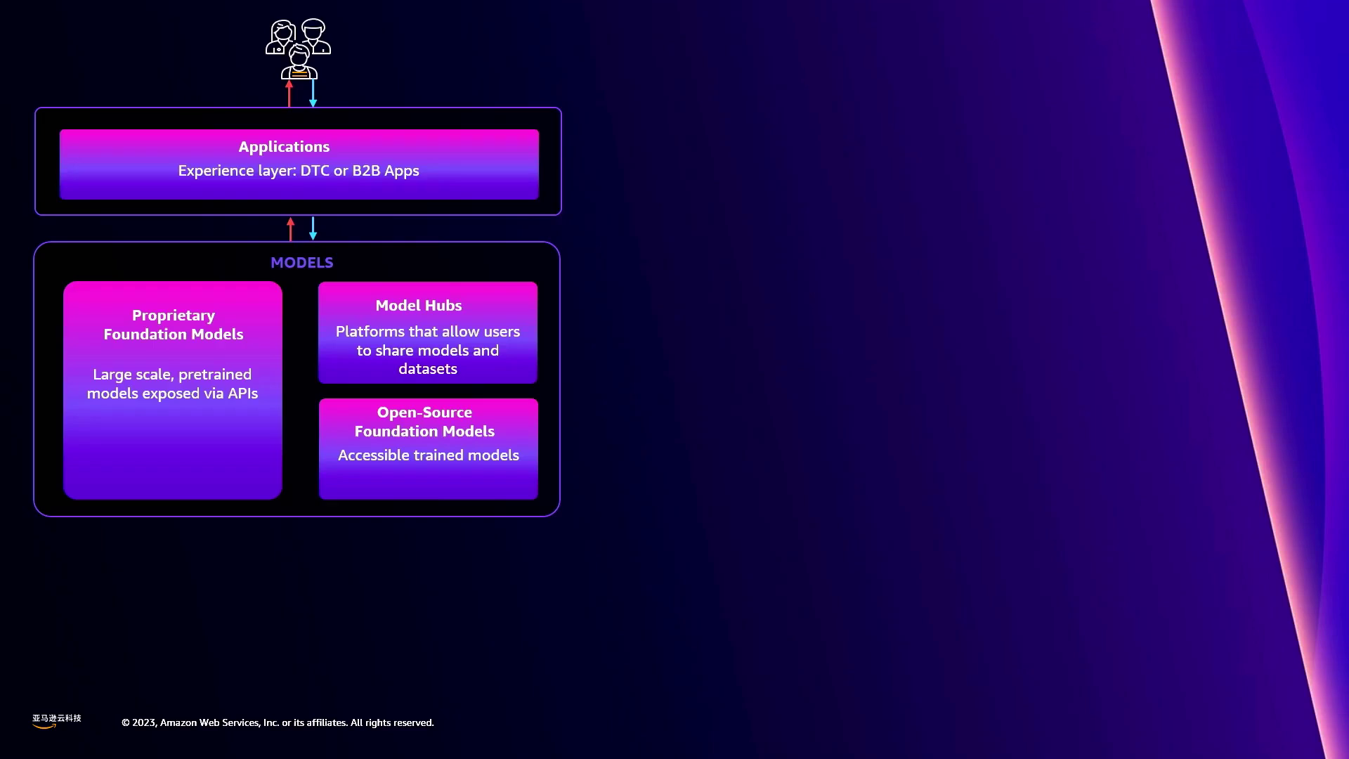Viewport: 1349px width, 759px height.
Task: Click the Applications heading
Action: (x=284, y=147)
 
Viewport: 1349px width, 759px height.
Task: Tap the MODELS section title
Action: (x=302, y=263)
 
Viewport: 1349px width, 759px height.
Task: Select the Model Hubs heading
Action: (x=419, y=306)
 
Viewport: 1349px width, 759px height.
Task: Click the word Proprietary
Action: (x=174, y=316)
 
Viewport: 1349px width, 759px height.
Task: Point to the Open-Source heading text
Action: (x=424, y=413)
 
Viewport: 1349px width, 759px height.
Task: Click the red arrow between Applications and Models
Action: (x=290, y=229)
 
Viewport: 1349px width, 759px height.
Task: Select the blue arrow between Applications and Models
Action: (x=313, y=228)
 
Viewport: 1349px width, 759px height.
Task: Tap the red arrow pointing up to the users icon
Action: (x=289, y=93)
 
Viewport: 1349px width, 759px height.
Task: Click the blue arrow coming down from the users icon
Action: (x=313, y=93)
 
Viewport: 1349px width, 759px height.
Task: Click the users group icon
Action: (x=299, y=48)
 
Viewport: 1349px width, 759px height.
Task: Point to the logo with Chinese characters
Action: (x=56, y=721)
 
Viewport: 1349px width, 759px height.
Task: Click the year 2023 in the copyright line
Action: (x=144, y=722)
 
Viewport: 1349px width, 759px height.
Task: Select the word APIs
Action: (x=242, y=394)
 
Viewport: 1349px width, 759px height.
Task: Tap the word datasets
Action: (x=428, y=369)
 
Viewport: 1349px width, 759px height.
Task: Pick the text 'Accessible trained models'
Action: (x=429, y=455)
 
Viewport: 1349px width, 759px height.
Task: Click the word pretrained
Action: (x=215, y=375)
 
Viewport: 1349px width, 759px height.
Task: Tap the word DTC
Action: (x=315, y=171)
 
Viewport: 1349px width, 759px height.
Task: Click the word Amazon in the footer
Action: (x=178, y=722)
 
